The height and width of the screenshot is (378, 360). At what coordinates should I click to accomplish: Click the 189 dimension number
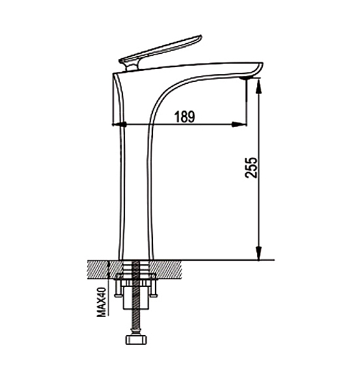click(184, 116)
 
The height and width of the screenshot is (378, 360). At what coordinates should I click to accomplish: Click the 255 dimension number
click(251, 168)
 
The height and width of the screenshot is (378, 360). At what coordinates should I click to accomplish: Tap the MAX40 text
click(102, 302)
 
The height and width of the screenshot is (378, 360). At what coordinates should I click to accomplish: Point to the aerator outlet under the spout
click(245, 78)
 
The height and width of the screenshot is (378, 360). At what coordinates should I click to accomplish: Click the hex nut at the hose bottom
click(136, 340)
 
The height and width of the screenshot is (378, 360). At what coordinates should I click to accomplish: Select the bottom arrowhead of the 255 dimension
click(258, 253)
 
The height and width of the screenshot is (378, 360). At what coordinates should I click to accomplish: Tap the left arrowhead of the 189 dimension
click(119, 124)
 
